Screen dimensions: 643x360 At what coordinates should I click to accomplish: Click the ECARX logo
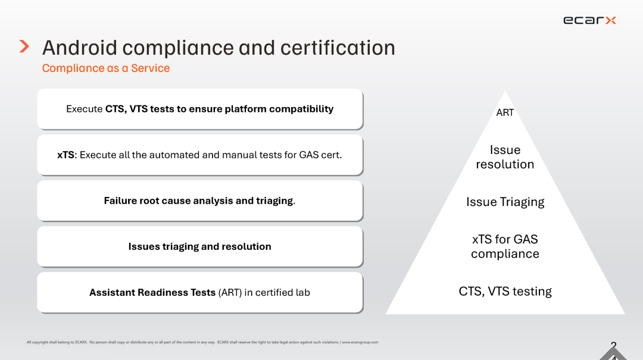[x=589, y=20]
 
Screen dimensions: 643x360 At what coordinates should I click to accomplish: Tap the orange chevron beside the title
[x=24, y=46]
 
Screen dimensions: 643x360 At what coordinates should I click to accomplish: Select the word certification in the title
[x=338, y=48]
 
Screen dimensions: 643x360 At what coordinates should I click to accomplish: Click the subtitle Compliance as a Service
[x=106, y=68]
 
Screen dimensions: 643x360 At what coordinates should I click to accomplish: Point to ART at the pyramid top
[x=505, y=112]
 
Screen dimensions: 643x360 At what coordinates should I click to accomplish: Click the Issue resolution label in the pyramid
[x=505, y=157]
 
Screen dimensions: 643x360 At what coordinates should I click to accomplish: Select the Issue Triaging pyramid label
[x=505, y=202]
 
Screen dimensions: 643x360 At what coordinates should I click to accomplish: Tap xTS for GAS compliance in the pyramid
[x=505, y=246]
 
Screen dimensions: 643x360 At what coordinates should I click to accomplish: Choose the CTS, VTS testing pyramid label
[x=505, y=291]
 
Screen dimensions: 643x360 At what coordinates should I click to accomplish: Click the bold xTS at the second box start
[x=65, y=155]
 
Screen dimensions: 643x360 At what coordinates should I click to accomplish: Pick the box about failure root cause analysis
[x=199, y=201]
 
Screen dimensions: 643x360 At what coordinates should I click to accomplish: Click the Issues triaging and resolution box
[x=199, y=247]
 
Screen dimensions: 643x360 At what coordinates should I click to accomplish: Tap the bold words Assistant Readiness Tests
[x=152, y=292]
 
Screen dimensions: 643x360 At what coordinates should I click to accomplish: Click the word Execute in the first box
[x=84, y=109]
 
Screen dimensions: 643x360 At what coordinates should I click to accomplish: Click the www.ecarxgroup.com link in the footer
[x=360, y=342]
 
